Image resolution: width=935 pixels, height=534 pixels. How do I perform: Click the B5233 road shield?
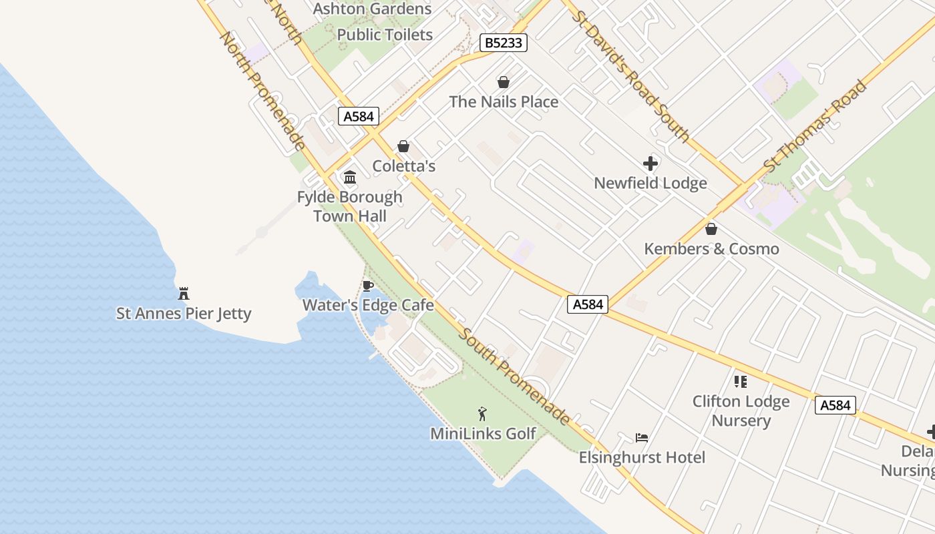504,43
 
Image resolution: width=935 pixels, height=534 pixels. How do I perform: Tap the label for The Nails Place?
504,101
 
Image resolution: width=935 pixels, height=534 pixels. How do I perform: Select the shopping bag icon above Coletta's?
403,146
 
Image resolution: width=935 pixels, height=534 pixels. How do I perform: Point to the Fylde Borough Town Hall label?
350,206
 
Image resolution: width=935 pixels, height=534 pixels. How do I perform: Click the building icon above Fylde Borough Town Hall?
349,178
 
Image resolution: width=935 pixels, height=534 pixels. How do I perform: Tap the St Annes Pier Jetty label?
184,313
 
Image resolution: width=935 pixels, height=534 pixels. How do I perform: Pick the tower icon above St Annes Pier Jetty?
184,293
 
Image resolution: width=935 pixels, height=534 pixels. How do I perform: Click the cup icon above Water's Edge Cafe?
367,286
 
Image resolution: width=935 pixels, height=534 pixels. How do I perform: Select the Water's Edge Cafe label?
368,305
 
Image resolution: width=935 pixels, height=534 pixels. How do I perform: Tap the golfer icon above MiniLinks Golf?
482,415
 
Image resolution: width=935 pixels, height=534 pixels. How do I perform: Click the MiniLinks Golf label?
483,434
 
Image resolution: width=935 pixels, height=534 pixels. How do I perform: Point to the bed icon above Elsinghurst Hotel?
642,438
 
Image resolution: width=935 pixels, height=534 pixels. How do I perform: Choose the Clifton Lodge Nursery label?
741,411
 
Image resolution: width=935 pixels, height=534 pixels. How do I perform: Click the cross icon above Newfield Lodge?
650,164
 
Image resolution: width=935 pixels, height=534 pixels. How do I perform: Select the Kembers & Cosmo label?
711,249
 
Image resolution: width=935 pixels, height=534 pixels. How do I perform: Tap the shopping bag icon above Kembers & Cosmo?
711,230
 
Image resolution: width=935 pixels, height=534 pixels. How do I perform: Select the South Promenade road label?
514,376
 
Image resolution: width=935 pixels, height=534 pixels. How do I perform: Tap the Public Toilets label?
385,35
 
